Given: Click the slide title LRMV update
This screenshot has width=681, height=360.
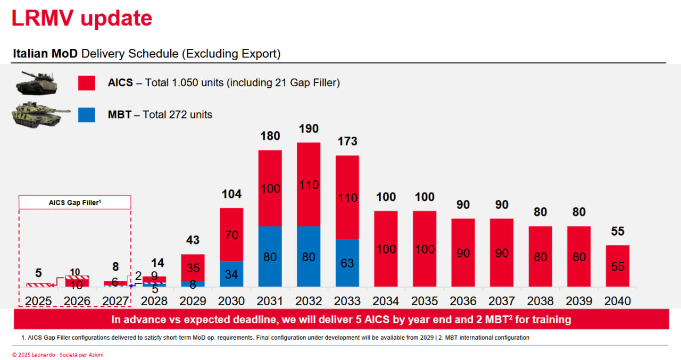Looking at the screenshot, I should (x=82, y=19).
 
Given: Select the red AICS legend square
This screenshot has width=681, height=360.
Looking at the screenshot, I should (x=87, y=83).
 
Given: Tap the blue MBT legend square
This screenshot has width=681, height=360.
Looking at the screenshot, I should (x=87, y=114).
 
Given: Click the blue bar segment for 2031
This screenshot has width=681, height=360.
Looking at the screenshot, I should (x=270, y=257).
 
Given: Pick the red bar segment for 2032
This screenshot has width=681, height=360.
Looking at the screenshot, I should (x=309, y=185).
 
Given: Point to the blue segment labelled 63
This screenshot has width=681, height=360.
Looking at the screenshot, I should (x=347, y=263).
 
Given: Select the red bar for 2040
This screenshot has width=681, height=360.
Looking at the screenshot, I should (x=617, y=266).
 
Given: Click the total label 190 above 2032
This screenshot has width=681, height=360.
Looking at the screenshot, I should (x=309, y=129).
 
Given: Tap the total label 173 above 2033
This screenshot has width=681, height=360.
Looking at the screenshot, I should (x=347, y=141).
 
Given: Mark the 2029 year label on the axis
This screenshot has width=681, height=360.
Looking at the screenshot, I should (x=193, y=301).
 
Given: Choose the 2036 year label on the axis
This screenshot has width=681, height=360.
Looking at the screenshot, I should (x=463, y=301).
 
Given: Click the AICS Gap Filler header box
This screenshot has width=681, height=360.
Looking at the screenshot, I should (x=75, y=202).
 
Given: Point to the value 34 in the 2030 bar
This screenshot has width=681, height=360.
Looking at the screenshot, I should (x=231, y=275).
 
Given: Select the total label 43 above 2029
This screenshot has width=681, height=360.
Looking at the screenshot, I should (x=193, y=240).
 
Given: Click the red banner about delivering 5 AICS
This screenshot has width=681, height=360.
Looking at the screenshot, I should (x=340, y=320).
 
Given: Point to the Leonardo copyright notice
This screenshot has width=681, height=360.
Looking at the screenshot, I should (x=58, y=355).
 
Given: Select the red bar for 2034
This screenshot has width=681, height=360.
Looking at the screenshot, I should (x=386, y=249).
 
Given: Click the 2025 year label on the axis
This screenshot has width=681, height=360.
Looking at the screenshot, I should (x=38, y=301).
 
